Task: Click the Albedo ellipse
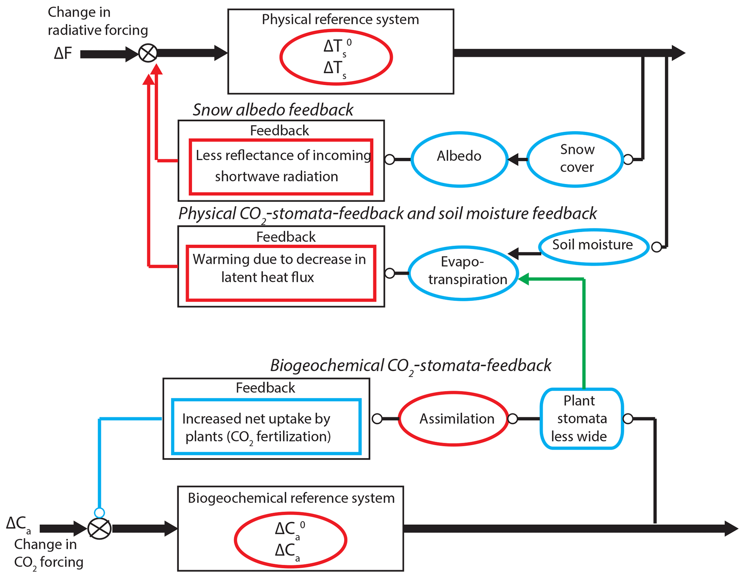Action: pyautogui.click(x=460, y=159)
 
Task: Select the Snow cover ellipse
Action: pyautogui.click(x=576, y=159)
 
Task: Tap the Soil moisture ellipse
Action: pyautogui.click(x=594, y=247)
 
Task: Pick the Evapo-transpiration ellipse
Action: pyautogui.click(x=464, y=273)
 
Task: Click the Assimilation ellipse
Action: pyautogui.click(x=454, y=419)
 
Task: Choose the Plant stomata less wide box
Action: pyautogui.click(x=582, y=419)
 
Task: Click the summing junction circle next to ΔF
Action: pyautogui.click(x=148, y=53)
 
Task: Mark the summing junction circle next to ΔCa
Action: pyautogui.click(x=99, y=529)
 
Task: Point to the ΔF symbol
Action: pyautogui.click(x=63, y=53)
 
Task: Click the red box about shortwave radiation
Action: pyautogui.click(x=281, y=167)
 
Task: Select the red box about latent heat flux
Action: pyautogui.click(x=281, y=273)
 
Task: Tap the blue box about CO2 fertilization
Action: pyautogui.click(x=266, y=427)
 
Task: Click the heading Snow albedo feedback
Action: pyautogui.click(x=273, y=110)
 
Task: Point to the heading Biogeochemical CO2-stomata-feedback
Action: pyautogui.click(x=411, y=366)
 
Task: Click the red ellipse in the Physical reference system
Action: pyautogui.click(x=336, y=57)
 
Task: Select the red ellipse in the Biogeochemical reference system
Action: pyautogui.click(x=291, y=540)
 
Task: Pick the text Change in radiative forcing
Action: pyautogui.click(x=98, y=21)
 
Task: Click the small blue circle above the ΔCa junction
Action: pyautogui.click(x=99, y=512)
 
